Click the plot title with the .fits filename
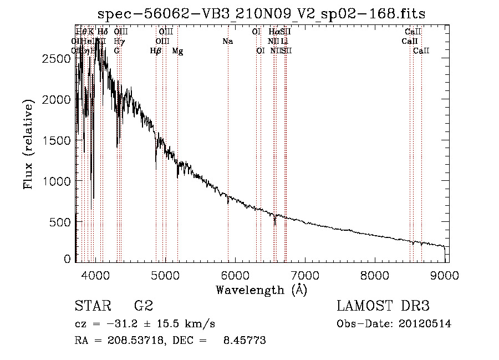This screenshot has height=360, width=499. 261,14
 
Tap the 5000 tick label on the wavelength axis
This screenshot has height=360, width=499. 165,274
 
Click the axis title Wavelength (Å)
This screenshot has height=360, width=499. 261,290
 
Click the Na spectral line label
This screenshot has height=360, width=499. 227,42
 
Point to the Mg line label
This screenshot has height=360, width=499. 177,51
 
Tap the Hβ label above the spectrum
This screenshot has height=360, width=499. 156,51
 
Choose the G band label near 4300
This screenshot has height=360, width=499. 116,51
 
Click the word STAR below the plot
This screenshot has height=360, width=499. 93,306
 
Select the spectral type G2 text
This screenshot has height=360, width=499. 144,306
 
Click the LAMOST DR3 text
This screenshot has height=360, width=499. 383,306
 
